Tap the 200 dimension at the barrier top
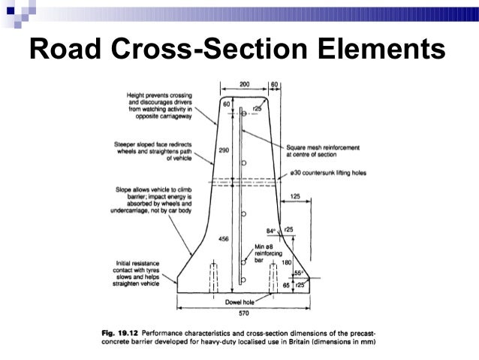coord(245,84)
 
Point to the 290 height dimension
coord(223,150)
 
